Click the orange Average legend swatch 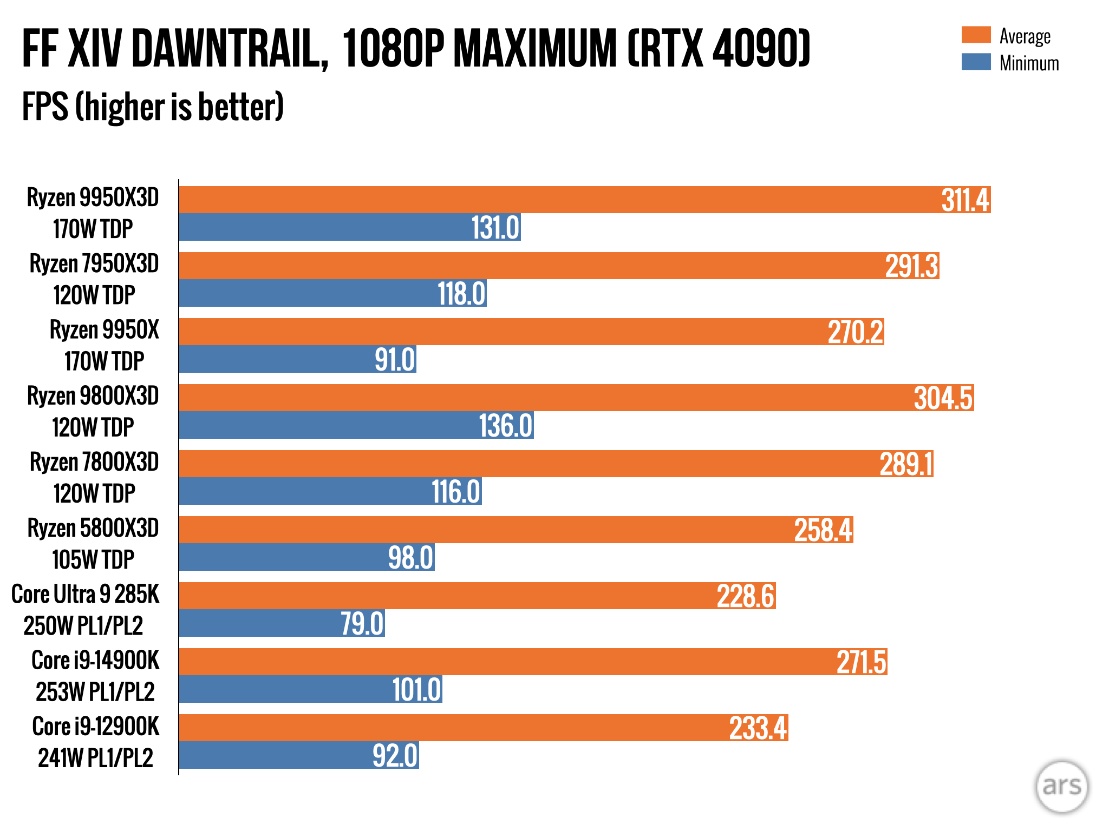976,35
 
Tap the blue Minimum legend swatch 976,62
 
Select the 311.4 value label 965,200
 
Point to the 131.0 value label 495,227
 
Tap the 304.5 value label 943,398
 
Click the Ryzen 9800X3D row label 93,396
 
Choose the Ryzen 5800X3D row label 93,528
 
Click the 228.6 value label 746,596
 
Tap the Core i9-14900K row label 95,660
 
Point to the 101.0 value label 416,690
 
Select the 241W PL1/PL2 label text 95,757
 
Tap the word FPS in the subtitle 45,107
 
